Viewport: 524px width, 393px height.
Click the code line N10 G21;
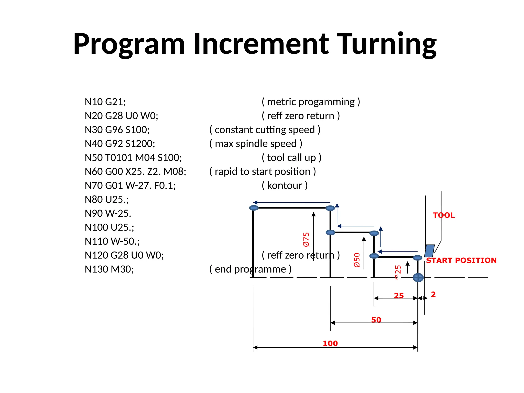point(105,102)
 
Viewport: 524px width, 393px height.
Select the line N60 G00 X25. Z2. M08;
point(135,171)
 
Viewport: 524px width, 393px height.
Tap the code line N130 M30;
point(109,269)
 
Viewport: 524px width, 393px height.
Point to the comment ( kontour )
point(285,185)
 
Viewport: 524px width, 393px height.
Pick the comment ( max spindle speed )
point(256,144)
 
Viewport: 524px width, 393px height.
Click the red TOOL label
point(444,215)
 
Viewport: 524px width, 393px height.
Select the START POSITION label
point(461,260)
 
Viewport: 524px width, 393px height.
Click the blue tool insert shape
point(429,251)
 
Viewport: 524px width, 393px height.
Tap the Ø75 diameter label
point(306,239)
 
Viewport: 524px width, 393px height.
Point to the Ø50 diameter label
point(357,260)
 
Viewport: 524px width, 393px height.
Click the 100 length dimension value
point(330,343)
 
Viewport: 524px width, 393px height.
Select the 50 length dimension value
point(376,320)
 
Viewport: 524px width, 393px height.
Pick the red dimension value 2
point(433,294)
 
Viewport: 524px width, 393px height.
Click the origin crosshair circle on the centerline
point(418,277)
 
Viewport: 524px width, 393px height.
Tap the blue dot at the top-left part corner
point(254,208)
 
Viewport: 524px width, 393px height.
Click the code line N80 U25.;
point(107,200)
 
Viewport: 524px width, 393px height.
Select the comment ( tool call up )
point(291,158)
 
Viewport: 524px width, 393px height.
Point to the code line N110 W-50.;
point(112,241)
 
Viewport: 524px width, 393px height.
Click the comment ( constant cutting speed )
point(265,130)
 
